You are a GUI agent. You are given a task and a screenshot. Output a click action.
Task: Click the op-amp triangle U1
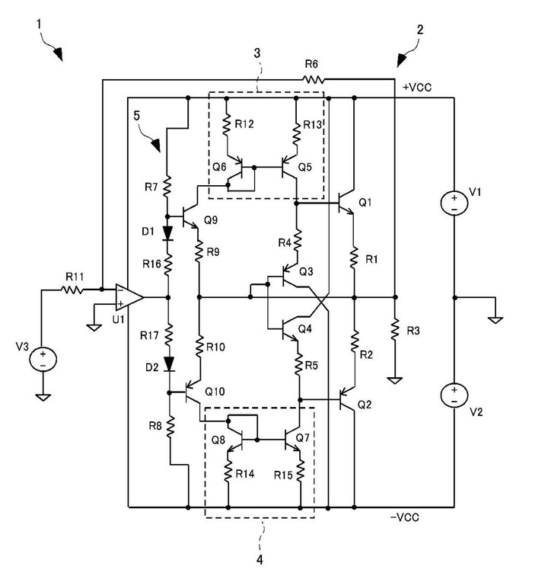tap(127, 295)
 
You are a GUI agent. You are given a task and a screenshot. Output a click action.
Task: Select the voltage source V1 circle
tap(454, 203)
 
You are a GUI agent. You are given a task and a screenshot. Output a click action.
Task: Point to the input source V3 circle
tap(43, 358)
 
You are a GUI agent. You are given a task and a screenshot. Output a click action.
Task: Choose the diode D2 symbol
tap(167, 365)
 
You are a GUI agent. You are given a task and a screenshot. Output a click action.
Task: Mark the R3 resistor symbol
tap(394, 330)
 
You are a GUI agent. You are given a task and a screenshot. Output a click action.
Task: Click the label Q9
tap(211, 222)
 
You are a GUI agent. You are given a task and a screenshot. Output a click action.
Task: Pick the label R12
tap(245, 124)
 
